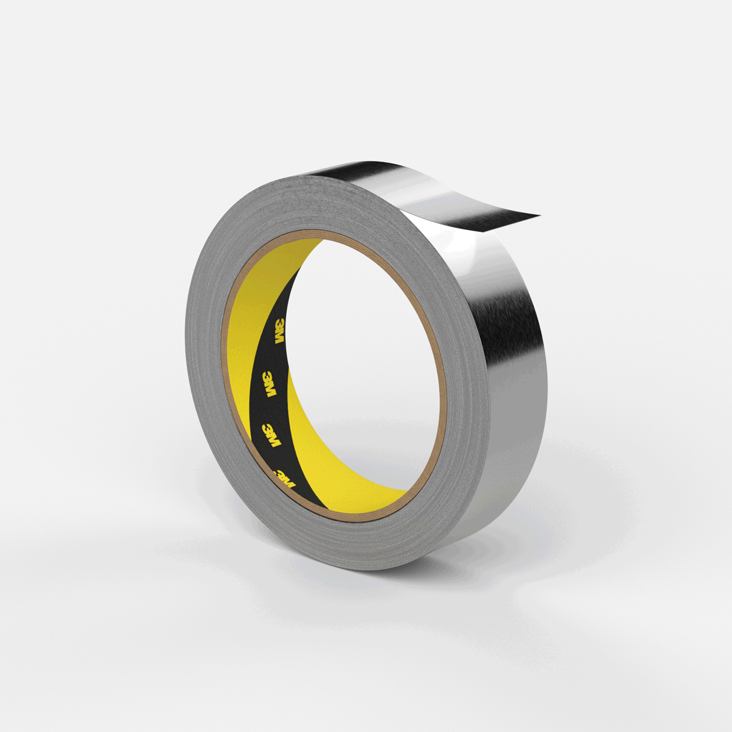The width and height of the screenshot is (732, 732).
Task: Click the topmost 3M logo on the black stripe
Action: pos(281,331)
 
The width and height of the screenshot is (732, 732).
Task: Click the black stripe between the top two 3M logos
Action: pos(274,358)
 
